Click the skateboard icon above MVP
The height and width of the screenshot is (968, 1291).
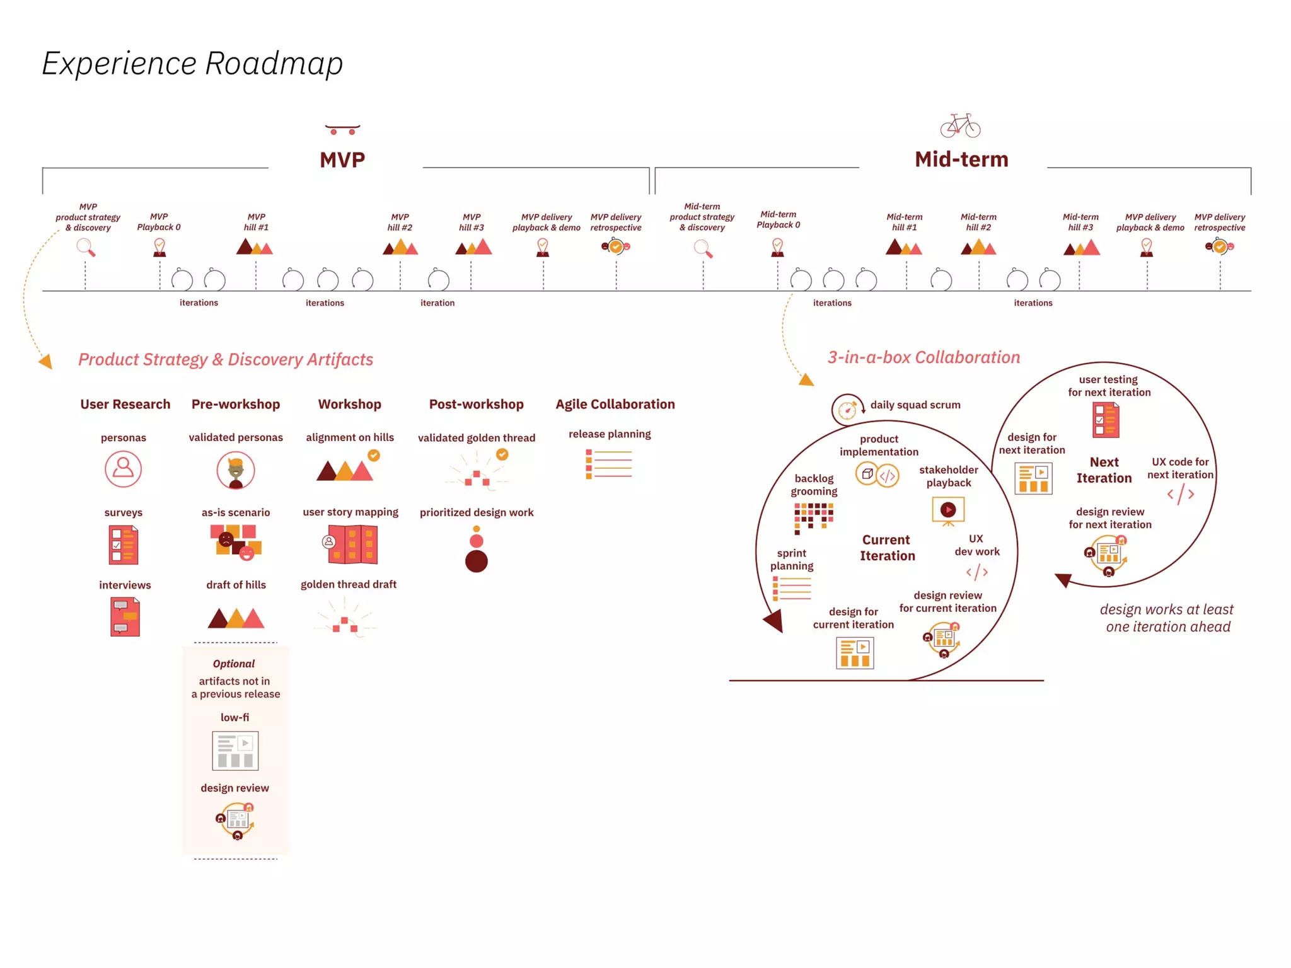pos(342,129)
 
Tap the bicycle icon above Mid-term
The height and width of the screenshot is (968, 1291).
pos(960,125)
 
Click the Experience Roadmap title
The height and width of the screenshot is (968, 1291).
pos(192,64)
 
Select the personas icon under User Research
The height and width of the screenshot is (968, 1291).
pos(123,469)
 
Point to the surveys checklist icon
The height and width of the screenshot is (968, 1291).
pos(124,545)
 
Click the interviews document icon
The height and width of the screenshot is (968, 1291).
pos(125,617)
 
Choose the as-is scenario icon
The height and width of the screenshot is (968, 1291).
pos(236,542)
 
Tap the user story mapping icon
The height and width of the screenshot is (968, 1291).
pos(350,544)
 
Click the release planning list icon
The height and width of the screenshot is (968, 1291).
pos(609,464)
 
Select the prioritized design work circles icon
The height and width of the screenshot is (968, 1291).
pos(477,550)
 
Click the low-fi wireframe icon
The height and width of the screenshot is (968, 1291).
pos(235,751)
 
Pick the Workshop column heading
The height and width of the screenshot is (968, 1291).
pos(349,405)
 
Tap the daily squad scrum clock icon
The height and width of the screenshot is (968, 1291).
pos(847,410)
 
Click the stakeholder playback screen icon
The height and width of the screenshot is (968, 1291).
pos(948,511)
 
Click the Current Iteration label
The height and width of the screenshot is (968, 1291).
pos(887,548)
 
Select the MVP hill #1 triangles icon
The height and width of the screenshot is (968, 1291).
pos(254,247)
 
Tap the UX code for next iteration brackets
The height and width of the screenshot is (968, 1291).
pos(1180,494)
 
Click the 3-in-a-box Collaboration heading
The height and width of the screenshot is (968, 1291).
pos(923,357)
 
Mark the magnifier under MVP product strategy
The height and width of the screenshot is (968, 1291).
pos(86,248)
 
